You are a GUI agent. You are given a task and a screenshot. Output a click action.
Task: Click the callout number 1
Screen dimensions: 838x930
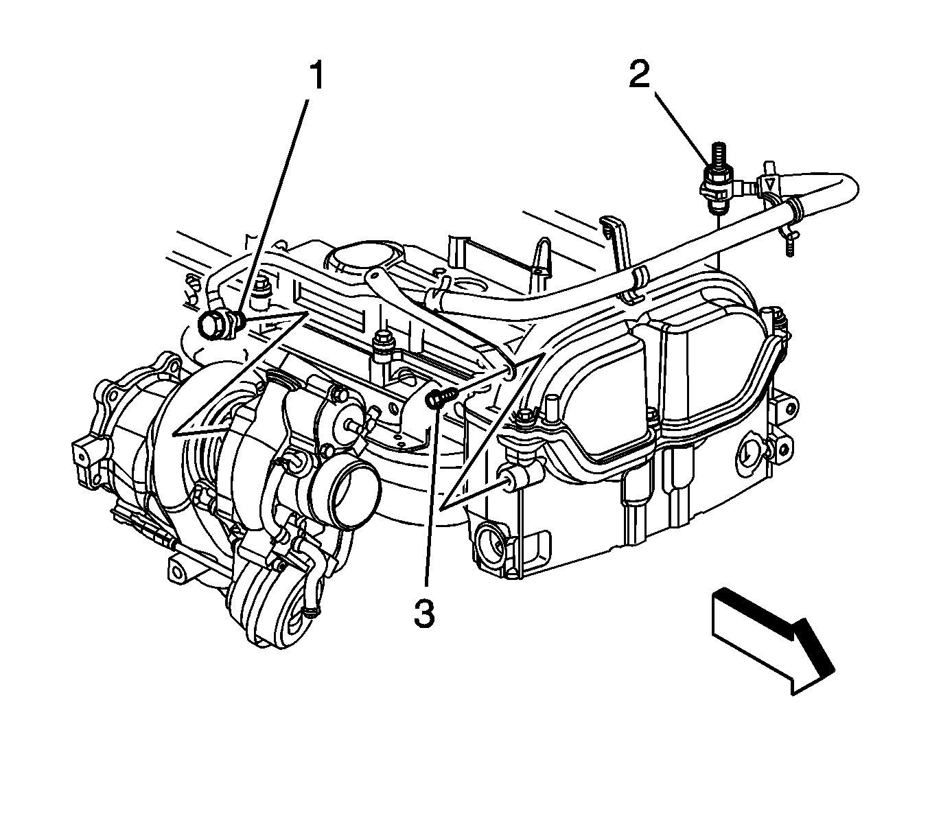(316, 77)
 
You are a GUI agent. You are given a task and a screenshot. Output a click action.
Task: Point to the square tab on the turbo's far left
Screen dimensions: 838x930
(80, 453)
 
